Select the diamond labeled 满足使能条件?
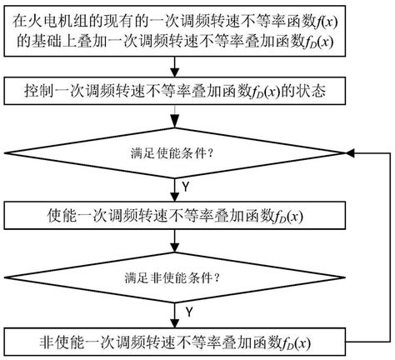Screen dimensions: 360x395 click(x=175, y=153)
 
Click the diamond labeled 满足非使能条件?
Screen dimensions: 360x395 click(x=175, y=273)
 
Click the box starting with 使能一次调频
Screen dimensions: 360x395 click(x=175, y=219)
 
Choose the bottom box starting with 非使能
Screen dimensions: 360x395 click(x=175, y=342)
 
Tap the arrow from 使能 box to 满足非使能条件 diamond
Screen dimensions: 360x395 click(x=175, y=241)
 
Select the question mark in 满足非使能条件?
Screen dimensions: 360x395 click(x=227, y=273)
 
